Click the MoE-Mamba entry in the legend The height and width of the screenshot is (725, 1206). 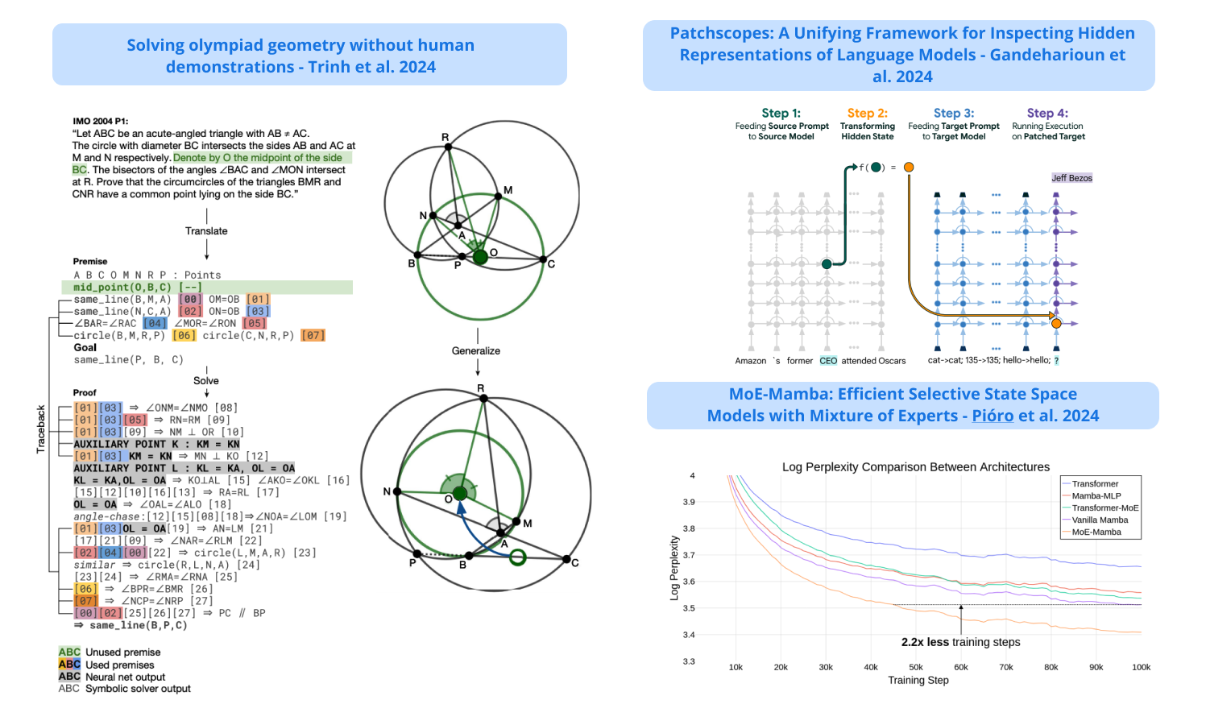[x=1096, y=532]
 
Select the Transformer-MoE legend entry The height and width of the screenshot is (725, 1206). [x=1104, y=508]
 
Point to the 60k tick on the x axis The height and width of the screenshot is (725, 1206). [x=960, y=667]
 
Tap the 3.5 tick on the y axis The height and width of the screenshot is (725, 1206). [x=689, y=608]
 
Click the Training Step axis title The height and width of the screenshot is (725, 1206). [x=918, y=681]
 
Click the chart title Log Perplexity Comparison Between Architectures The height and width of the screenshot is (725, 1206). [x=915, y=467]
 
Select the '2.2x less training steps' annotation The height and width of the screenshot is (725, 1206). [x=960, y=642]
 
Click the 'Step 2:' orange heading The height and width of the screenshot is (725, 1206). [x=867, y=114]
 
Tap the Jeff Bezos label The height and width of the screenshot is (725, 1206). [x=1071, y=178]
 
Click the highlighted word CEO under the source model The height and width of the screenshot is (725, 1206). [x=827, y=361]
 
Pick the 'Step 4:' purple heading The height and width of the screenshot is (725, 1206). [x=1047, y=114]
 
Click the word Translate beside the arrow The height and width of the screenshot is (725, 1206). [x=206, y=231]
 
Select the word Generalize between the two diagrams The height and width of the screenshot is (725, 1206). [x=475, y=351]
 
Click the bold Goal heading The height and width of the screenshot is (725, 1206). [x=85, y=348]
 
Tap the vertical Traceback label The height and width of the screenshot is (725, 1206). [x=41, y=429]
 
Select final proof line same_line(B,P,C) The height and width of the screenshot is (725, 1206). [x=137, y=625]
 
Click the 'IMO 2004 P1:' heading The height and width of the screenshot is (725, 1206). [x=100, y=122]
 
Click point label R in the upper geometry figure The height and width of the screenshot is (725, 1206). [x=445, y=138]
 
